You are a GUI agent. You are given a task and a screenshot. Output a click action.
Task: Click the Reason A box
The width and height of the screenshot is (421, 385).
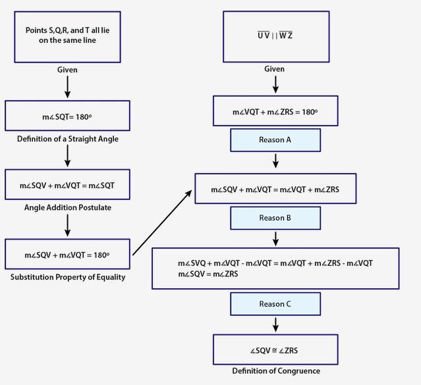275,140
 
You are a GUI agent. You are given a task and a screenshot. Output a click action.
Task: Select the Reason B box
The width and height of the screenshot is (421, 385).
275,218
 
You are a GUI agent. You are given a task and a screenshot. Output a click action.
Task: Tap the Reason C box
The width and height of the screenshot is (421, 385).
275,303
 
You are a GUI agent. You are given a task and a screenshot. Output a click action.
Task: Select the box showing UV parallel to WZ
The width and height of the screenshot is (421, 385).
275,36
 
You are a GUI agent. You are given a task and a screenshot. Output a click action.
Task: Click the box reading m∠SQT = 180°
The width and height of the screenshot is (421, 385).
67,116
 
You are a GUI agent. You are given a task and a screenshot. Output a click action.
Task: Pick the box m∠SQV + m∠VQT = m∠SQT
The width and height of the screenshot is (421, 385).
67,185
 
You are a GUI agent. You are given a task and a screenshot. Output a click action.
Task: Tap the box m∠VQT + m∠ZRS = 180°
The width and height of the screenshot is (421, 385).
275,112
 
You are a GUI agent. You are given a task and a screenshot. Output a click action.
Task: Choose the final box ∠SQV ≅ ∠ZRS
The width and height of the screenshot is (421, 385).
275,350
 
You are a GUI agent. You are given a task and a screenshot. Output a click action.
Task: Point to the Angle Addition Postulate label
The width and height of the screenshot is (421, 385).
67,207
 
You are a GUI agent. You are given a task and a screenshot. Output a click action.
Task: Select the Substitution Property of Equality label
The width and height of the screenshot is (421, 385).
67,277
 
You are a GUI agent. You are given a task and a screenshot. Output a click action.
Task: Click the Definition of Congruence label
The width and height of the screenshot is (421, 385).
275,371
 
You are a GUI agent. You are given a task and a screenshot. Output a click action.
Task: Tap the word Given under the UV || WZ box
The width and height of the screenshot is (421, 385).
275,69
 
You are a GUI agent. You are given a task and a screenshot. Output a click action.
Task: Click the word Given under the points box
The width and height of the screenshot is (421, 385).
67,69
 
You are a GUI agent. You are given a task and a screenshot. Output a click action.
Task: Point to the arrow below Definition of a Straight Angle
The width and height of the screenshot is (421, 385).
67,155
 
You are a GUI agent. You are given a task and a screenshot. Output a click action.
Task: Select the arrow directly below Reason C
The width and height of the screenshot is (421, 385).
275,324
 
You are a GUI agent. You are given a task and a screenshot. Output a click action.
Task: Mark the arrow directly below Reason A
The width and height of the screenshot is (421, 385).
275,161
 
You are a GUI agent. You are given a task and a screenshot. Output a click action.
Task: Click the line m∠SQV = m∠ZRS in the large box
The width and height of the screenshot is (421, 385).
209,274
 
